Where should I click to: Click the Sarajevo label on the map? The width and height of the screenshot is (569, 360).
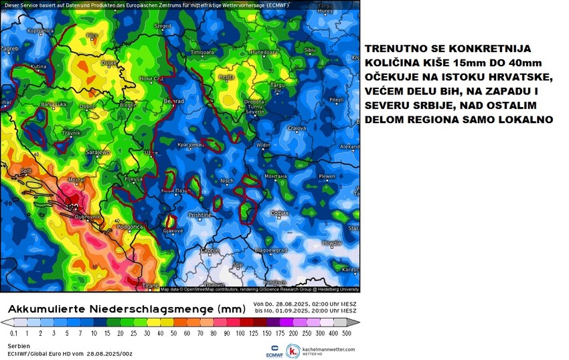tap(98, 153)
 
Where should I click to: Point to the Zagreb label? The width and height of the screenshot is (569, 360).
tap(9, 49)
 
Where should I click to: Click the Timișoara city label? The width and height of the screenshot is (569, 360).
tap(202, 52)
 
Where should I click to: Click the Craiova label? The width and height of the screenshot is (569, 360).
tap(297, 127)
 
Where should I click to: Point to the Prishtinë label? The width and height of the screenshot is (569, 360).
tap(199, 215)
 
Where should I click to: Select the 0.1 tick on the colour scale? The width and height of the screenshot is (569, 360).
tap(14, 333)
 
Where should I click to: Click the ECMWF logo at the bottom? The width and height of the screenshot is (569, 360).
tap(272, 351)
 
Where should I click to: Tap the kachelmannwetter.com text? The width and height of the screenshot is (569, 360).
tap(329, 349)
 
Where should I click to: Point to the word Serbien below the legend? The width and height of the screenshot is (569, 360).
tap(19, 345)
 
